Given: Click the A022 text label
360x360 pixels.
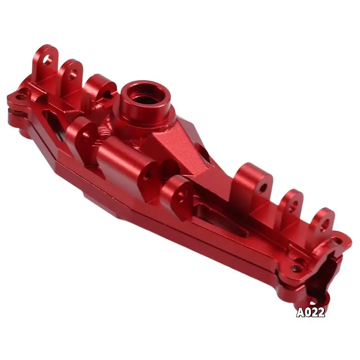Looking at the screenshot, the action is click(x=310, y=312).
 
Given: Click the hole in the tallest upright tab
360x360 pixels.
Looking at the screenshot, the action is click(x=49, y=61).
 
